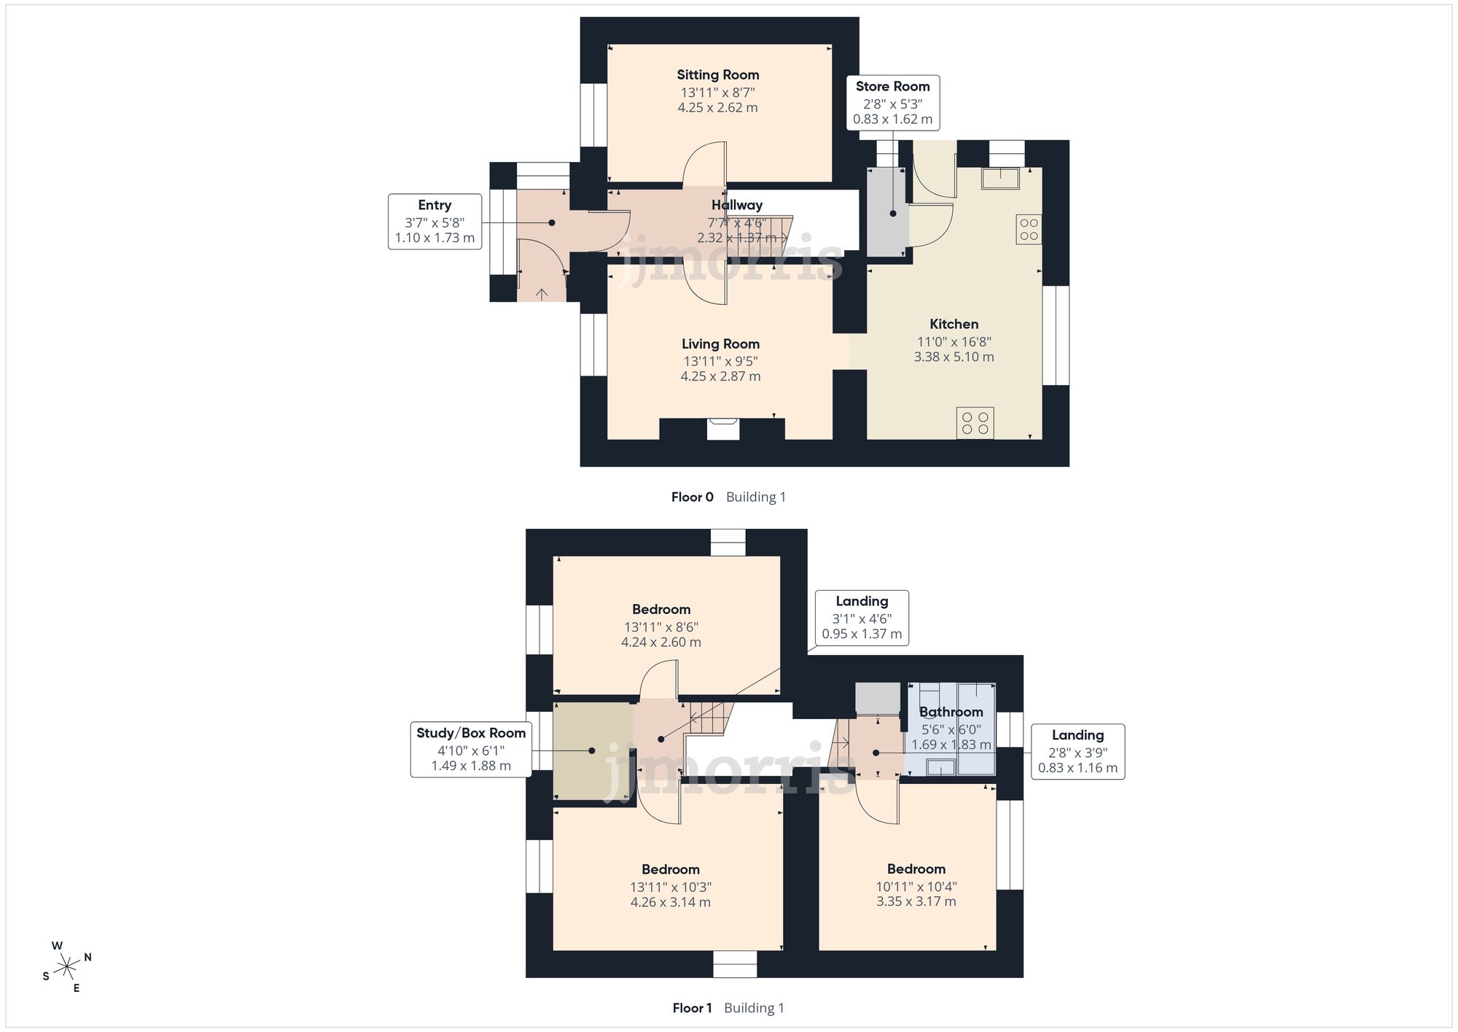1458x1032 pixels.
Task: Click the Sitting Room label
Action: [x=718, y=74]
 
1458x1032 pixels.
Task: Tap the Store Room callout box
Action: [x=892, y=103]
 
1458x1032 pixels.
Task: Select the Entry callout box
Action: [x=434, y=222]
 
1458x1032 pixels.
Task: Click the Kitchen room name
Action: [x=954, y=324]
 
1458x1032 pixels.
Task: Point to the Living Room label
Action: [x=720, y=344]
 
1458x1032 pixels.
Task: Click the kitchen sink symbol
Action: [x=1000, y=179]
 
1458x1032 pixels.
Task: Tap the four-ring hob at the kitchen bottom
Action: [x=975, y=423]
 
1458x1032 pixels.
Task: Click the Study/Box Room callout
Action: [x=471, y=750]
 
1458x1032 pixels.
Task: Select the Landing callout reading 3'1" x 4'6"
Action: [x=862, y=618]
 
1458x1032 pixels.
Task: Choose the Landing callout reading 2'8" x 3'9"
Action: [x=1077, y=752]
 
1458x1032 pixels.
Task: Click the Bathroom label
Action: [x=951, y=712]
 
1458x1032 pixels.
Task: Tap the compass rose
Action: [x=67, y=967]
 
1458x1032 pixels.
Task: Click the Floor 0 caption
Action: [x=693, y=497]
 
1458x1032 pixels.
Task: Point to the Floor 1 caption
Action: [x=692, y=1008]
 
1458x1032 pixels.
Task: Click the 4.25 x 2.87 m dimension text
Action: [x=720, y=376]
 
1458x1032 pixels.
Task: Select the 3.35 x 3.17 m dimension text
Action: [x=916, y=901]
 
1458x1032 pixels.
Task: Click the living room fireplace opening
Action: [x=723, y=429]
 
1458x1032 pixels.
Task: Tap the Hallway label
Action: [x=737, y=205]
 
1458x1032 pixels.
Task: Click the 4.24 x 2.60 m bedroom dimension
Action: [x=661, y=643]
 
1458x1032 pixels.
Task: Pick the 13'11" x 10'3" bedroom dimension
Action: [x=671, y=888]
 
